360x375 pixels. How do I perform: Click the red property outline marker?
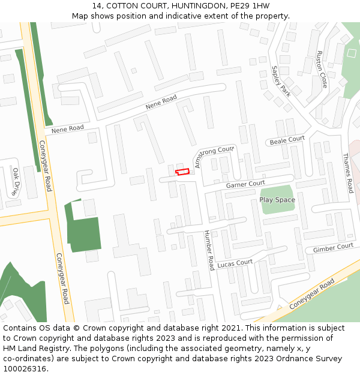tap(182, 172)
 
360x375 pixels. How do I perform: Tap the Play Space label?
tap(277, 199)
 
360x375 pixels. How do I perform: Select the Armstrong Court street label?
tap(214, 155)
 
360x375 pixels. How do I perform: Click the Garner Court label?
tap(245, 184)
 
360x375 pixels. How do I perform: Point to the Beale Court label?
tap(287, 140)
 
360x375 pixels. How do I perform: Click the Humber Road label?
tap(209, 250)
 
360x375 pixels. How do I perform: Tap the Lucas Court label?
tap(235, 263)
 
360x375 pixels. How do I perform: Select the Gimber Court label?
tap(333, 247)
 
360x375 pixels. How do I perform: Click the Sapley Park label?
tap(280, 81)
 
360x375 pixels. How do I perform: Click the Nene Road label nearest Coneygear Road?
tap(67, 128)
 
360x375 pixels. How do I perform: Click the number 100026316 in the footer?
tap(25, 368)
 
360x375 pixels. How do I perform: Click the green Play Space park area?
tap(278, 206)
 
